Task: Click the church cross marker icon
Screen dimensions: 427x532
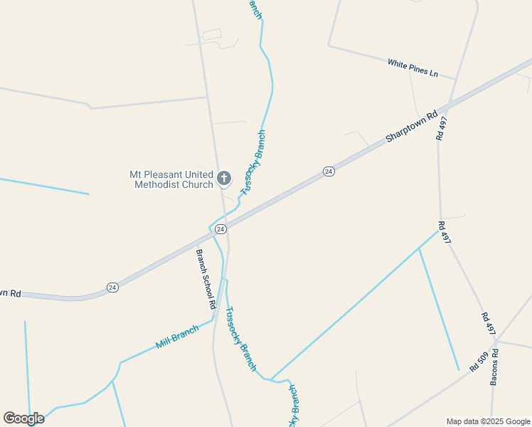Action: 223,178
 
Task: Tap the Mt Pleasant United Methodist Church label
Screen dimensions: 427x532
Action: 171,179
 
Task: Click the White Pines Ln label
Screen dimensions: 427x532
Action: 413,68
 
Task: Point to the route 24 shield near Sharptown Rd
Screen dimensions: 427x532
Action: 329,172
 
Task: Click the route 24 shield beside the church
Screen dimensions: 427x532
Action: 220,229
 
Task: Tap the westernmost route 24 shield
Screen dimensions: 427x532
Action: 112,287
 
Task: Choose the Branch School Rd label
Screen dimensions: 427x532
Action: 206,278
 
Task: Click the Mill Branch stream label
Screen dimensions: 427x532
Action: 177,337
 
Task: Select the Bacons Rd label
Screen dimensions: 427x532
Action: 494,366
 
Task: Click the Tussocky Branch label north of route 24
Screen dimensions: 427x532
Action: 253,162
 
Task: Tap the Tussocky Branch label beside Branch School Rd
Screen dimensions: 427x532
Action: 240,338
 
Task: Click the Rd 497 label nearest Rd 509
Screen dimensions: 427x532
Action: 488,324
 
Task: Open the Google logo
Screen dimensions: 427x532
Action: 23,418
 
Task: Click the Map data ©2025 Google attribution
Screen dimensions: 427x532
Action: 488,421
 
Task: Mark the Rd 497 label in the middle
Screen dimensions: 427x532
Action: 445,233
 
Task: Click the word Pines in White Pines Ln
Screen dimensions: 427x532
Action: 417,69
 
